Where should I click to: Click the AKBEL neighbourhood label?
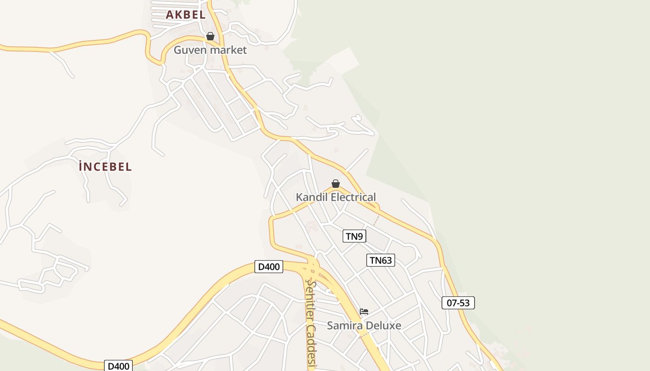[186, 14]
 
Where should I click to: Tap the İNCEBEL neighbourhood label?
[106, 166]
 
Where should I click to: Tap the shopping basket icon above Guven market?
[210, 36]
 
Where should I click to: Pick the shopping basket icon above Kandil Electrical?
[336, 184]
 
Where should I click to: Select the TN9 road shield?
[354, 236]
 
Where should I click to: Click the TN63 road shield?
[381, 260]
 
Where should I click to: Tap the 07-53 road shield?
[458, 303]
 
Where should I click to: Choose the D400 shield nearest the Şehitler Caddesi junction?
[269, 267]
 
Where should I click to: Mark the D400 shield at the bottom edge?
[118, 366]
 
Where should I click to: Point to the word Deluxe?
[383, 325]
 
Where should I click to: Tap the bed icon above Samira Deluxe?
[364, 312]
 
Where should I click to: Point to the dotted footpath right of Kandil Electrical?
[377, 219]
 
